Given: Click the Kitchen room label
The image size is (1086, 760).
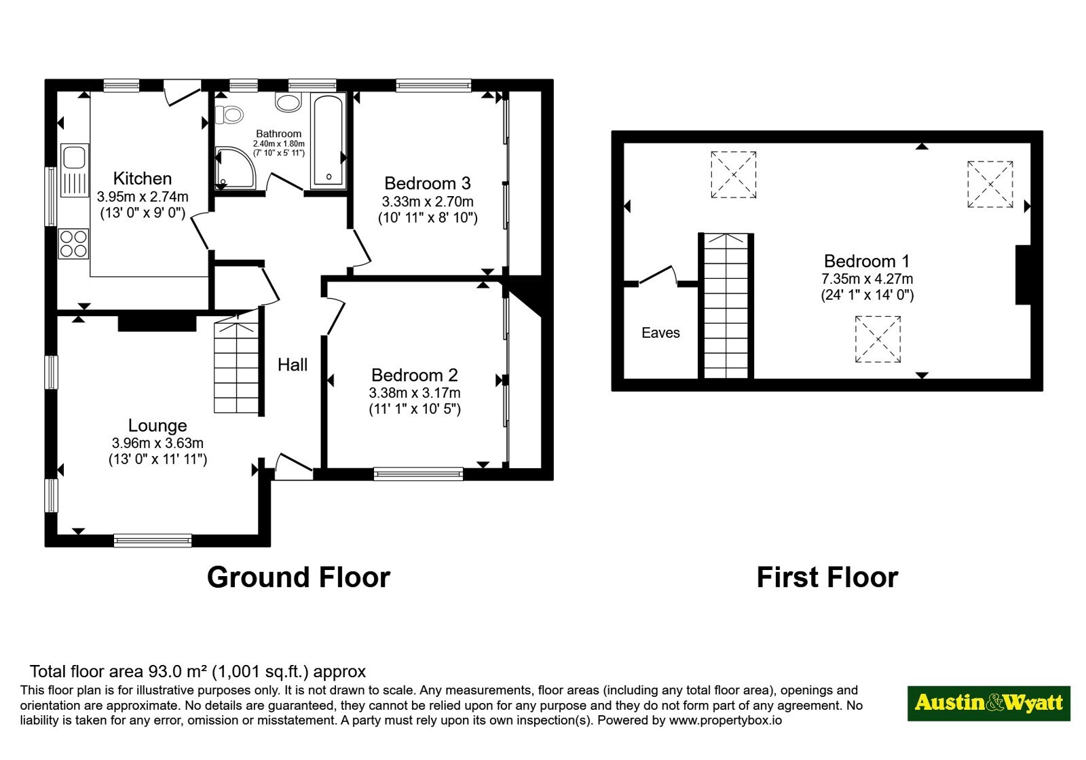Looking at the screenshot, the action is tap(142, 178).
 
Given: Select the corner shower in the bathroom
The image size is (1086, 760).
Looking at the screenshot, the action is tap(235, 168).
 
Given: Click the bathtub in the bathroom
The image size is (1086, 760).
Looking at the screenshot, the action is tap(329, 140).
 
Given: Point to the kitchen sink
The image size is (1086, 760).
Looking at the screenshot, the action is tap(75, 170).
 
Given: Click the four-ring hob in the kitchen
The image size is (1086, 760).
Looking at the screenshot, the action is tap(74, 244).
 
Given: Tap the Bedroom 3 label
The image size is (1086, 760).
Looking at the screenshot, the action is tap(427, 183).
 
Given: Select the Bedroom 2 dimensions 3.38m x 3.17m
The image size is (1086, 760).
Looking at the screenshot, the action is tap(415, 393).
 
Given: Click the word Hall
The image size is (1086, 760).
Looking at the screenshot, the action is tap(293, 364).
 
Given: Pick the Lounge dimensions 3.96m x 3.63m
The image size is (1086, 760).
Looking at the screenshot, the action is tap(157, 442).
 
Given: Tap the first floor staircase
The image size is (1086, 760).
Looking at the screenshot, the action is tap(726, 306).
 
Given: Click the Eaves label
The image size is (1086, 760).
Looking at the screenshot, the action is tap(660, 332).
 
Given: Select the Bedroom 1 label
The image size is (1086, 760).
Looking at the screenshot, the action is tap(866, 261).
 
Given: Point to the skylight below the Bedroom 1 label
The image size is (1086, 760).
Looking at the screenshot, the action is tap(878, 339).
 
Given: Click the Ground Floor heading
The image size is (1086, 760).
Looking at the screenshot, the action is tap(299, 577).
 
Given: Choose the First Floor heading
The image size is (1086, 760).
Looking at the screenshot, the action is tap(827, 577).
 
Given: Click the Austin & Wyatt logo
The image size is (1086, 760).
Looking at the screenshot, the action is tap(988, 703).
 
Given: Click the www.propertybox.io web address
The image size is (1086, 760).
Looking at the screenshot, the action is tap(726, 720).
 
